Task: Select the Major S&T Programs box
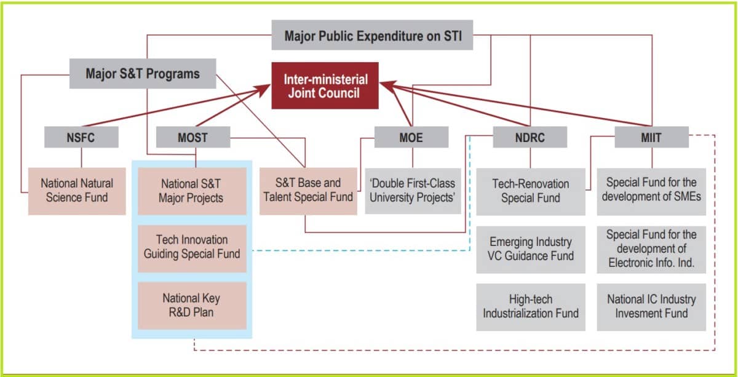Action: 143,74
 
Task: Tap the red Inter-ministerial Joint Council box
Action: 325,86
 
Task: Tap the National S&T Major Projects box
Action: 191,190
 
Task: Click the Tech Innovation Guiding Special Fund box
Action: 191,247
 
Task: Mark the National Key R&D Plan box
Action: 191,305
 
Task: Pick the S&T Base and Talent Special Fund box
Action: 308,190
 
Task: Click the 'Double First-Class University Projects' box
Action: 413,190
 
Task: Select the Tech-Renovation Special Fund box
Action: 530,190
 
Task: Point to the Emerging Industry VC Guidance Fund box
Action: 530,248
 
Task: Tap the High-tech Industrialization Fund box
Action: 530,306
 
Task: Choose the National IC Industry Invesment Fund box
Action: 651,306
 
